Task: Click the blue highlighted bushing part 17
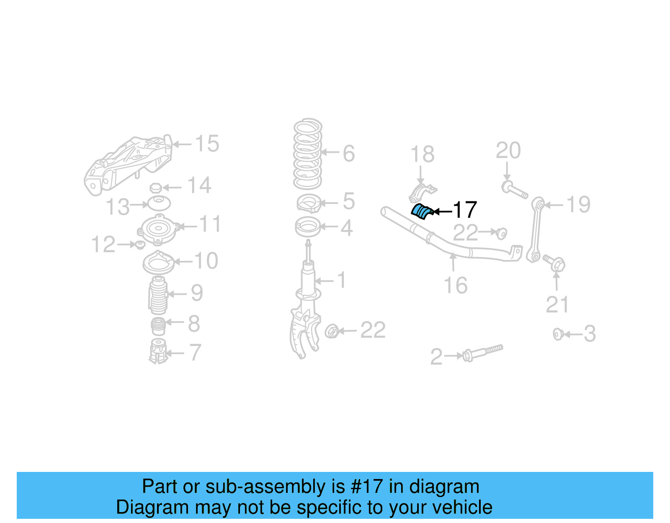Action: pyautogui.click(x=421, y=211)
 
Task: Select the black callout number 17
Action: pyautogui.click(x=465, y=210)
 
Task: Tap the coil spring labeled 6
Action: pyautogui.click(x=308, y=154)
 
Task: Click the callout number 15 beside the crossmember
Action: pyautogui.click(x=207, y=144)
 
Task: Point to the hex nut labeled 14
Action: pyautogui.click(x=155, y=188)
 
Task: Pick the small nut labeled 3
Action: pyautogui.click(x=558, y=334)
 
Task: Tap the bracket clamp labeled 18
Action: pyautogui.click(x=422, y=193)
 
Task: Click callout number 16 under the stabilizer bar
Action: pyautogui.click(x=455, y=286)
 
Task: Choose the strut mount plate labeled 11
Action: pyautogui.click(x=159, y=229)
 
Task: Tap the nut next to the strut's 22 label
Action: pyautogui.click(x=332, y=331)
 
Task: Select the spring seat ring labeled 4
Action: pyautogui.click(x=308, y=227)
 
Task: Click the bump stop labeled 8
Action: pyautogui.click(x=158, y=326)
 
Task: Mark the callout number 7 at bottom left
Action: pyautogui.click(x=195, y=352)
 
